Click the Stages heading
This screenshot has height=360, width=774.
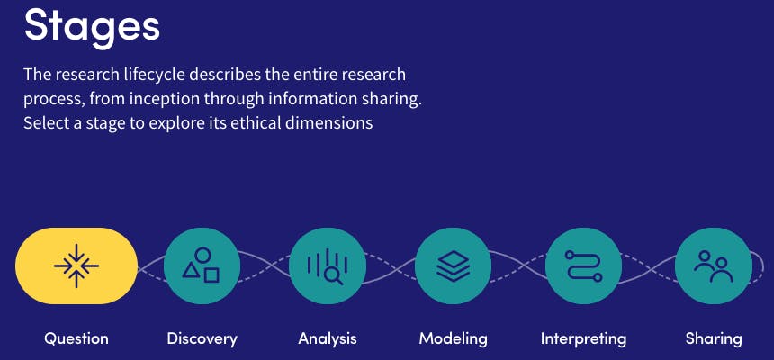pos(92,27)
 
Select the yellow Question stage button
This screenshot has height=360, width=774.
pos(76,265)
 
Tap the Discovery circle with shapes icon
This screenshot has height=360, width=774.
pos(202,265)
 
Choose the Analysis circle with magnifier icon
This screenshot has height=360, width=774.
pos(328,265)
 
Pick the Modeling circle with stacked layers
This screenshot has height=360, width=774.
pos(453,265)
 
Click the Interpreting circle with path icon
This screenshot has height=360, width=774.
pos(583,265)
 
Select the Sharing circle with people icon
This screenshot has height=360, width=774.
pos(714,265)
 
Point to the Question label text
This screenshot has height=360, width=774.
pos(76,338)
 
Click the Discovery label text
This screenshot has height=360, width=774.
pos(202,338)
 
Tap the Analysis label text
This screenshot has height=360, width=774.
pos(328,338)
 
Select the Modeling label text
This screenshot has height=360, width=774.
pos(453,338)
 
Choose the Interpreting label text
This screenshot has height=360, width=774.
pos(583,338)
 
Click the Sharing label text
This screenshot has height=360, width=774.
pos(714,338)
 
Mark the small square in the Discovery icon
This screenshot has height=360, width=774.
pos(211,275)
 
